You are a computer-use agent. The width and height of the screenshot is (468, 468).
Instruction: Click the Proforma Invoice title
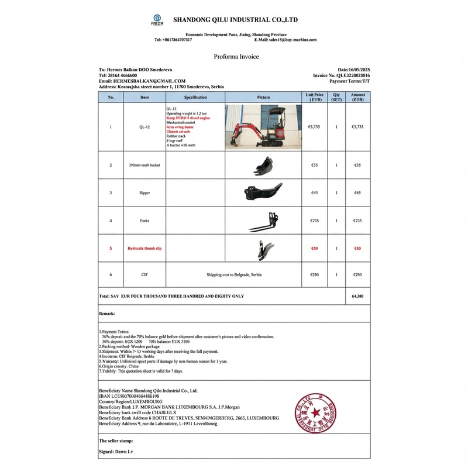pyautogui.click(x=236, y=57)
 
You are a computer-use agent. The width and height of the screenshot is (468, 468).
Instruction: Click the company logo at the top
pyautogui.click(x=157, y=20)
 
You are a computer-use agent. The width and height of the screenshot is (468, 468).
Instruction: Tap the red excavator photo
pyautogui.click(x=262, y=126)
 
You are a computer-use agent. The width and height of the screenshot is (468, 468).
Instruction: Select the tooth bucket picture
pyautogui.click(x=263, y=166)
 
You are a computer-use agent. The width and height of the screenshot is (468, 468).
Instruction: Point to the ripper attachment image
pyautogui.click(x=262, y=192)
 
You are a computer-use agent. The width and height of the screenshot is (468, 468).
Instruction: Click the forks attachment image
pyautogui.click(x=263, y=221)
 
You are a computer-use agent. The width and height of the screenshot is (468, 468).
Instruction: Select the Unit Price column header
pyautogui.click(x=314, y=97)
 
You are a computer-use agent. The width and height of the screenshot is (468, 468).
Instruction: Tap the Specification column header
pyautogui.click(x=195, y=97)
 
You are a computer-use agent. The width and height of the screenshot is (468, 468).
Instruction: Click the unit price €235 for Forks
pyautogui.click(x=314, y=221)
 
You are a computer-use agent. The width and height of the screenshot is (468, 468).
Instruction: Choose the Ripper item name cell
pyautogui.click(x=144, y=192)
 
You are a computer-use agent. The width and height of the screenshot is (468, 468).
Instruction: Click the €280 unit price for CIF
pyautogui.click(x=314, y=275)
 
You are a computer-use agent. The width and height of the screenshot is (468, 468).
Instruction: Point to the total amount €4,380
pyautogui.click(x=357, y=297)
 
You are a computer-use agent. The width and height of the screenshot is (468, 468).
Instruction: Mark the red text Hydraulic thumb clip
pyautogui.click(x=144, y=249)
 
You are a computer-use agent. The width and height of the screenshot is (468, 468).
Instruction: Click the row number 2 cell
pyautogui.click(x=111, y=166)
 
